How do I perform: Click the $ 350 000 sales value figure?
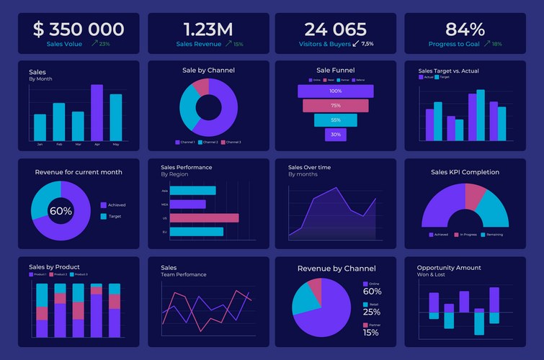pyautogui.click(x=79, y=30)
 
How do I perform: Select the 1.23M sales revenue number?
pyautogui.click(x=208, y=30)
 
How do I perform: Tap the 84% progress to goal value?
pyautogui.click(x=465, y=30)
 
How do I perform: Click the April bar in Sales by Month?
pyautogui.click(x=97, y=112)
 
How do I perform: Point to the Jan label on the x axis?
pyautogui.click(x=40, y=145)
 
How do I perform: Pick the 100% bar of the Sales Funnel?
pyautogui.click(x=335, y=91)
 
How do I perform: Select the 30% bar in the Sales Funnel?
pyautogui.click(x=335, y=135)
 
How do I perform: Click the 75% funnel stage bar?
pyautogui.click(x=335, y=106)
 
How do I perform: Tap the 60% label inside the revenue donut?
pyautogui.click(x=61, y=211)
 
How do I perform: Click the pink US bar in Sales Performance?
pyautogui.click(x=204, y=217)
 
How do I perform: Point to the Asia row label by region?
pyautogui.click(x=165, y=191)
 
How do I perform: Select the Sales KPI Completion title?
pyautogui.click(x=465, y=172)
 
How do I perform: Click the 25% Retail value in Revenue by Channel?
pyautogui.click(x=372, y=312)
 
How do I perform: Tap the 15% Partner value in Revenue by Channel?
pyautogui.click(x=371, y=333)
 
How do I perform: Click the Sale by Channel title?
pyautogui.click(x=208, y=71)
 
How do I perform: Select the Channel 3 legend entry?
pyautogui.click(x=231, y=143)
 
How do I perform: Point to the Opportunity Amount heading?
pyautogui.click(x=449, y=268)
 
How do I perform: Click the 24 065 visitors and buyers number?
pyautogui.click(x=335, y=30)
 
